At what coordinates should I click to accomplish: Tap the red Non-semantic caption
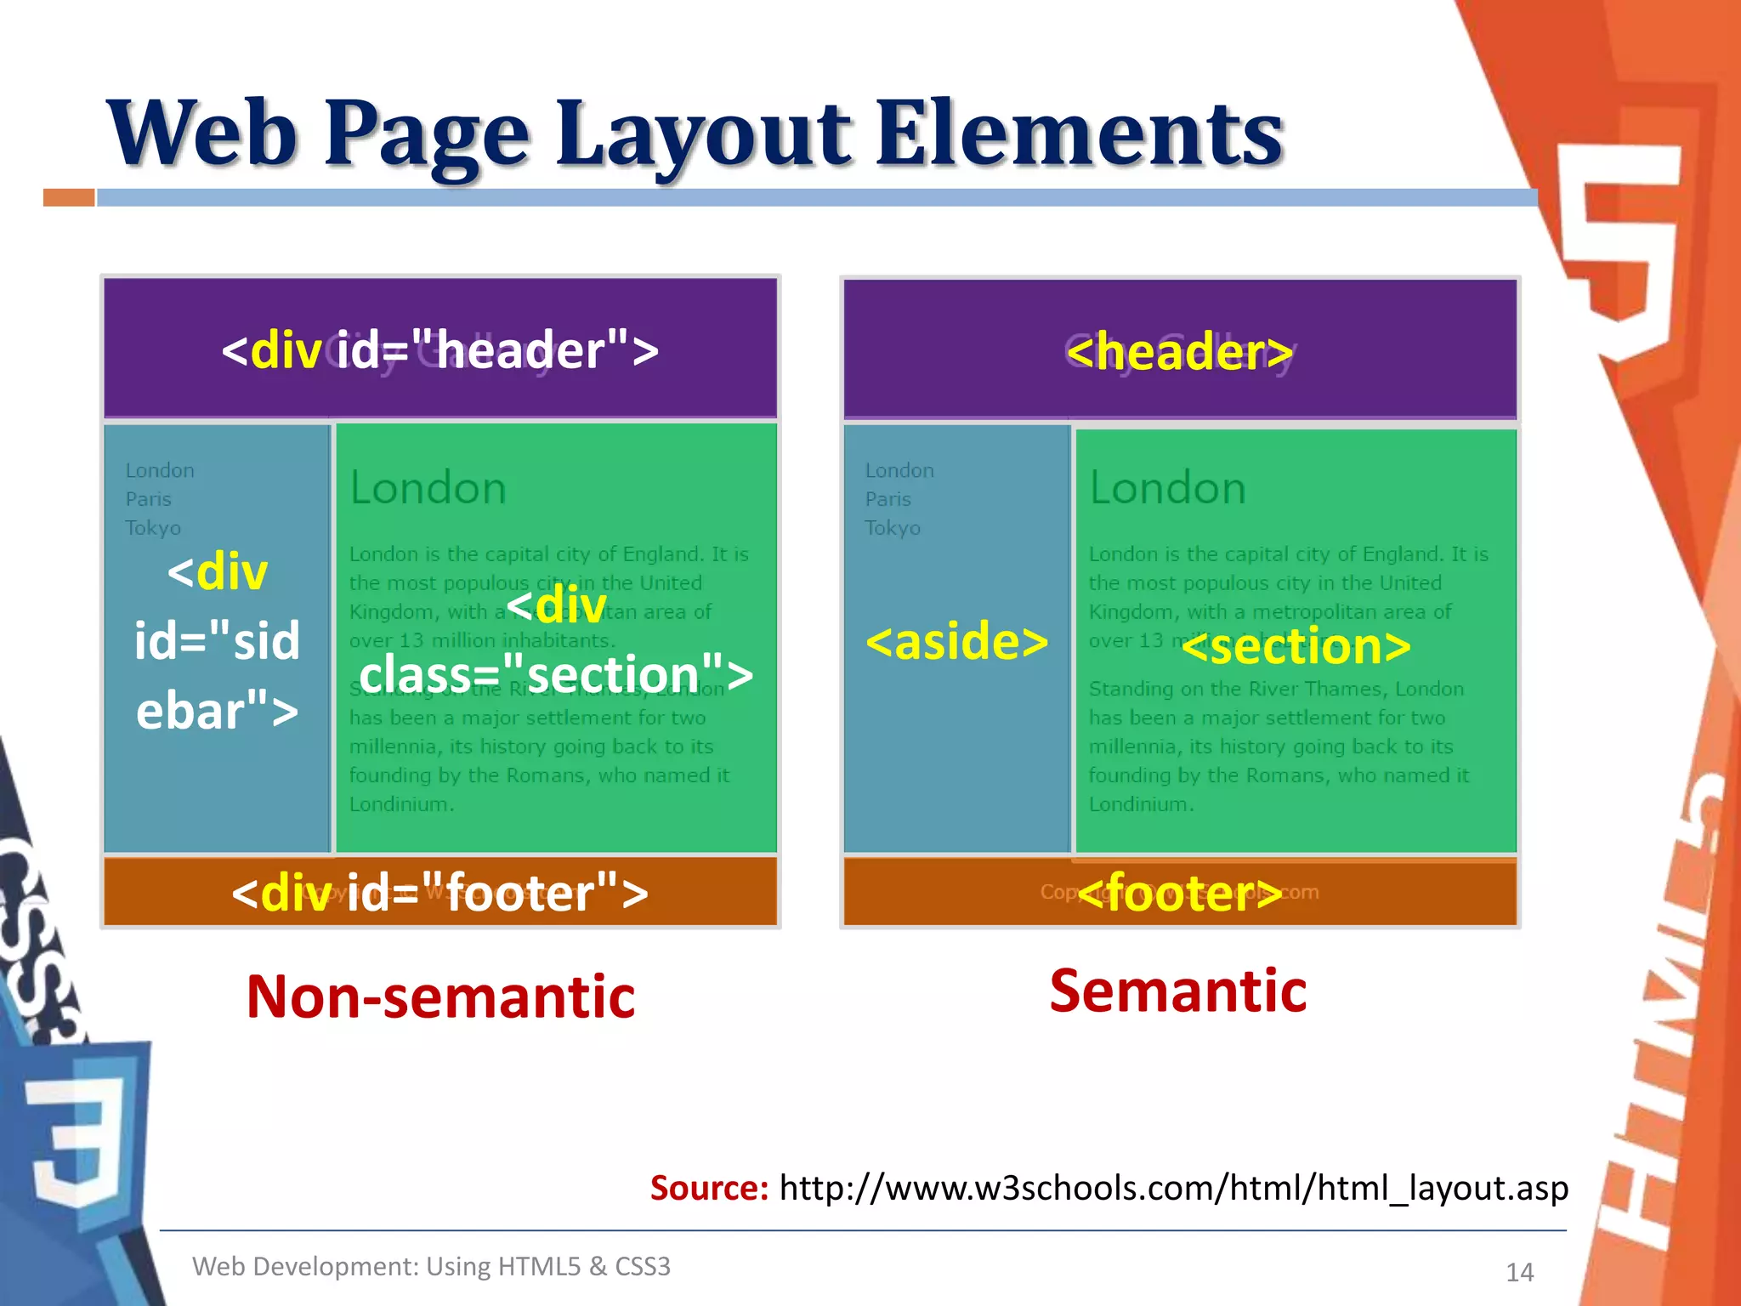point(440,997)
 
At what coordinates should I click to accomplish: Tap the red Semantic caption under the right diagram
point(1178,991)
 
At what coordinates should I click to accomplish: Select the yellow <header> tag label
point(1180,351)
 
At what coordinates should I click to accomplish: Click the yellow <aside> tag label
point(957,640)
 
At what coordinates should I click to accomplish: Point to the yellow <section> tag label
point(1296,646)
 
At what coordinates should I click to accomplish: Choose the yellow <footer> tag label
point(1180,892)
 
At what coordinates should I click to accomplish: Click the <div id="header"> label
point(440,349)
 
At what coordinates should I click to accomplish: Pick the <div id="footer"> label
point(440,893)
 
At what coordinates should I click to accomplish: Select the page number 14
point(1519,1272)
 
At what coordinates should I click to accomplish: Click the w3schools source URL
point(1173,1188)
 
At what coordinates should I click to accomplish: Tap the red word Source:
point(709,1188)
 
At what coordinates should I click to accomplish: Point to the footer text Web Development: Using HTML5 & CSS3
point(431,1266)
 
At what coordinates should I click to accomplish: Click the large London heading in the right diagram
point(1167,488)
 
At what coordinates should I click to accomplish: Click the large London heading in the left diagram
point(428,488)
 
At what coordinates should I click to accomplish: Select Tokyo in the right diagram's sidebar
point(893,528)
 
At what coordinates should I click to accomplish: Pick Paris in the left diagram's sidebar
point(149,499)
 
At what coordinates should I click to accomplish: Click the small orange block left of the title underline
point(69,198)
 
